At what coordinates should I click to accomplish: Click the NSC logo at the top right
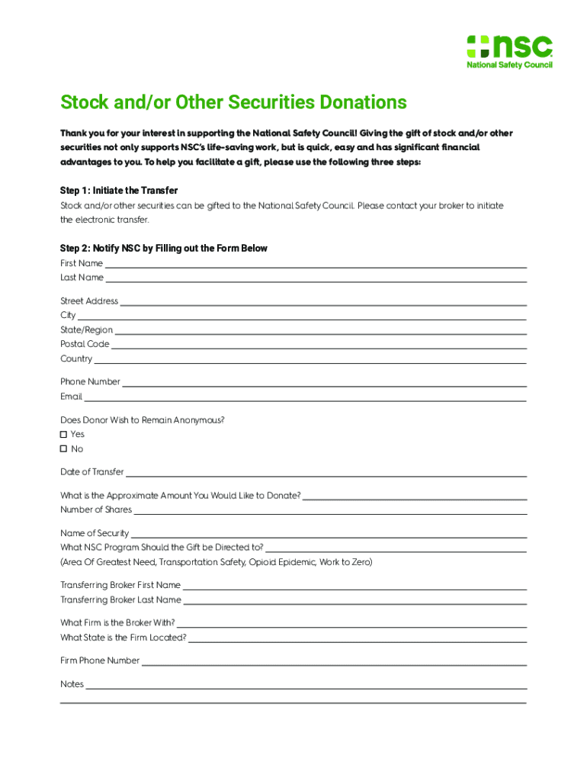pyautogui.click(x=509, y=51)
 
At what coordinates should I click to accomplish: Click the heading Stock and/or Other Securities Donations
pyautogui.click(x=233, y=102)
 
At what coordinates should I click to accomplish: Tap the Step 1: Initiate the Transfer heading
pyautogui.click(x=119, y=190)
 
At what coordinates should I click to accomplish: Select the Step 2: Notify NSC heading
pyautogui.click(x=163, y=249)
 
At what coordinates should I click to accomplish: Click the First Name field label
pyautogui.click(x=82, y=263)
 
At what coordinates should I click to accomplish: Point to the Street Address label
pyautogui.click(x=89, y=301)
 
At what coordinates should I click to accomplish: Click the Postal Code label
pyautogui.click(x=85, y=344)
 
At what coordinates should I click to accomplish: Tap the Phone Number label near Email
pyautogui.click(x=90, y=381)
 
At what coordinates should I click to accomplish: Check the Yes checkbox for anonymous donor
pyautogui.click(x=64, y=434)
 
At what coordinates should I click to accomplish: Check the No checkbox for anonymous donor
pyautogui.click(x=64, y=448)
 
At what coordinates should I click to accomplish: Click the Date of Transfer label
pyautogui.click(x=91, y=472)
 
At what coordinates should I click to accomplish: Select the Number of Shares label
pyautogui.click(x=96, y=509)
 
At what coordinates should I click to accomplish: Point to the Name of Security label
pyautogui.click(x=95, y=533)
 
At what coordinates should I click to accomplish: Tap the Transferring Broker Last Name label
pyautogui.click(x=120, y=599)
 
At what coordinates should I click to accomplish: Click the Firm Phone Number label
pyautogui.click(x=100, y=660)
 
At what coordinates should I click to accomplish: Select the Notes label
pyautogui.click(x=72, y=684)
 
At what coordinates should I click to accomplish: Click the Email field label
pyautogui.click(x=71, y=397)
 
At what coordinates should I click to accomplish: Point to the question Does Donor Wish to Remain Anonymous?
pyautogui.click(x=143, y=420)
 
